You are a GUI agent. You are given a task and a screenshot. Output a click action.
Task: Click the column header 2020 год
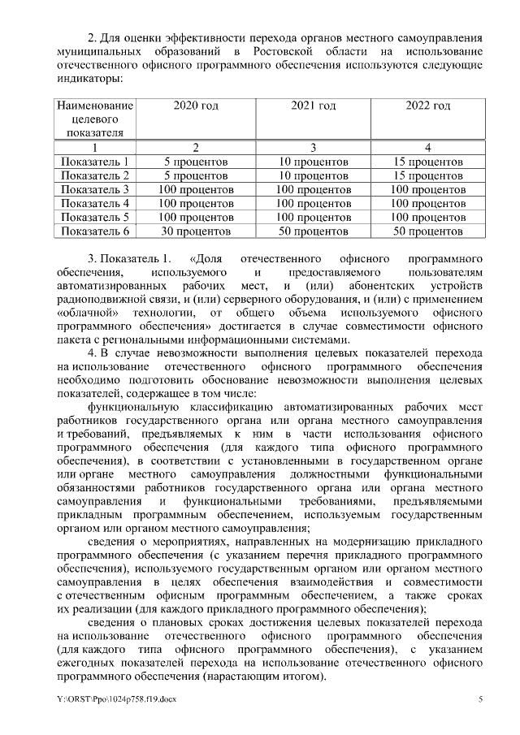(196, 106)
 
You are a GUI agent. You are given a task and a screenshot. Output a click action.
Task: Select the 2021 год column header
(313, 106)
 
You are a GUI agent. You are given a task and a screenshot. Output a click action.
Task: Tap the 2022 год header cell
(428, 106)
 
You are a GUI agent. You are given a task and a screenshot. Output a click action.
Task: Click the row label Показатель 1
(95, 162)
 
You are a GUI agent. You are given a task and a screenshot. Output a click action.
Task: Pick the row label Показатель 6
(95, 231)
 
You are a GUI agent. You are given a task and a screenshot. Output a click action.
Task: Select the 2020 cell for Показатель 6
(196, 231)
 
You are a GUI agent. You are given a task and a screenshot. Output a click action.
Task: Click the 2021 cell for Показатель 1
(313, 162)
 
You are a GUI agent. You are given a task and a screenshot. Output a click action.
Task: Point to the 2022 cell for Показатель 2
(428, 175)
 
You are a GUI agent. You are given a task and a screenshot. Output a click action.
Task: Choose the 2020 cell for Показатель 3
(196, 189)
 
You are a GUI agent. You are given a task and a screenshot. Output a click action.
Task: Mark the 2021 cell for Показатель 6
(313, 231)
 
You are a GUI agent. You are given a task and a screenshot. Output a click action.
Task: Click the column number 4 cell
(428, 148)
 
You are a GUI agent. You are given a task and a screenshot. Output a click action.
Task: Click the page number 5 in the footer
(480, 699)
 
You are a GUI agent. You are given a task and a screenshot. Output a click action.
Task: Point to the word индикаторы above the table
(89, 79)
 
